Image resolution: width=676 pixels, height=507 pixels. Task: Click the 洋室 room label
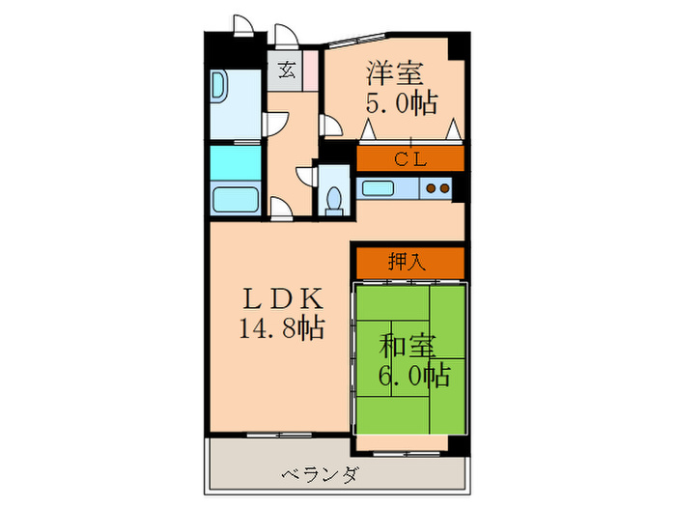(x=392, y=71)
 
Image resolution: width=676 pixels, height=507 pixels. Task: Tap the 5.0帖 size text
(x=400, y=102)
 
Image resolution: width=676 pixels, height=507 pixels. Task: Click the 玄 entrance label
(x=287, y=70)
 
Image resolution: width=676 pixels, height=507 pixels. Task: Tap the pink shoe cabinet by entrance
(x=310, y=70)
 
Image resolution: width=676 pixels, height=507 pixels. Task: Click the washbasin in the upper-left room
(x=218, y=89)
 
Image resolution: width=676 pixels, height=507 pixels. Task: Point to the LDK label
(x=280, y=298)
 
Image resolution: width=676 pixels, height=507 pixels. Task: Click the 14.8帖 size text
(x=281, y=328)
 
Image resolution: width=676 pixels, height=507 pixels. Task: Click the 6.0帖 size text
(x=414, y=375)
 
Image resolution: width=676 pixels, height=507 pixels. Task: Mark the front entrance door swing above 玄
(x=286, y=37)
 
